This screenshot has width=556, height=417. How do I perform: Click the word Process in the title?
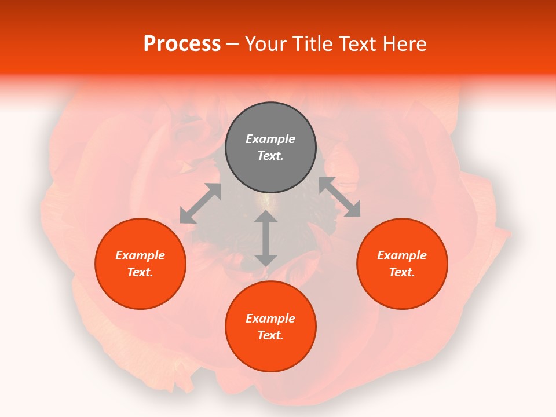click(182, 44)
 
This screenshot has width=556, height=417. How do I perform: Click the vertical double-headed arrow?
click(266, 238)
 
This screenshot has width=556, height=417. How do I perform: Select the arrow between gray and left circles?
click(200, 203)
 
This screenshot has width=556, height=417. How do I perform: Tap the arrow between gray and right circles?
click(339, 197)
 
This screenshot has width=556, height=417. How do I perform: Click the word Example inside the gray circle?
click(270, 139)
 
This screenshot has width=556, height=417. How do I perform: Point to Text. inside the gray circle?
click(270, 156)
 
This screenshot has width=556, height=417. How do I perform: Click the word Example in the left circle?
click(140, 255)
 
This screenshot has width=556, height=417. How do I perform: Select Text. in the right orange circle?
click(402, 272)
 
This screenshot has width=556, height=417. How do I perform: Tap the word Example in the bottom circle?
click(270, 319)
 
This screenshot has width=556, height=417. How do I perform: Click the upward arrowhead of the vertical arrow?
click(266, 217)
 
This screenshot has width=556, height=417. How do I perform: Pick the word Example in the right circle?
click(402, 255)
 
